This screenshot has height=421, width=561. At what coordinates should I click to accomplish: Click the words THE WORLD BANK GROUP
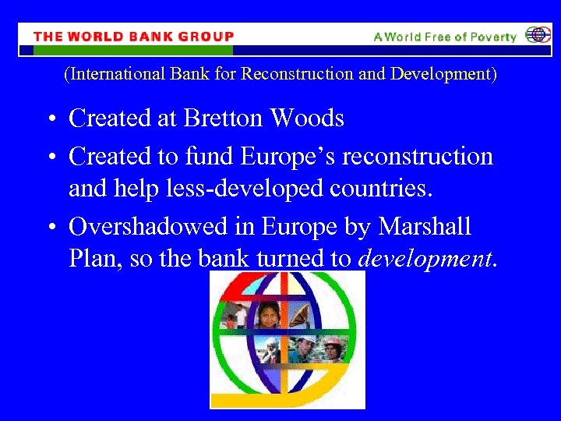tap(133, 37)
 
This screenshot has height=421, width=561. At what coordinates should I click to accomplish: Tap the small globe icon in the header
tap(537, 36)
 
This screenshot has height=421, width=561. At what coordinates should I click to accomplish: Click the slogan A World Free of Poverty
tap(444, 37)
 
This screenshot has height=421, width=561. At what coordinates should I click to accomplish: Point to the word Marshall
tap(425, 227)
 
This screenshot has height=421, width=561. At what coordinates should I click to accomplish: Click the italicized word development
tap(425, 259)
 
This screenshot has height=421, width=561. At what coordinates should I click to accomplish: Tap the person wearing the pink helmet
tap(333, 348)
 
